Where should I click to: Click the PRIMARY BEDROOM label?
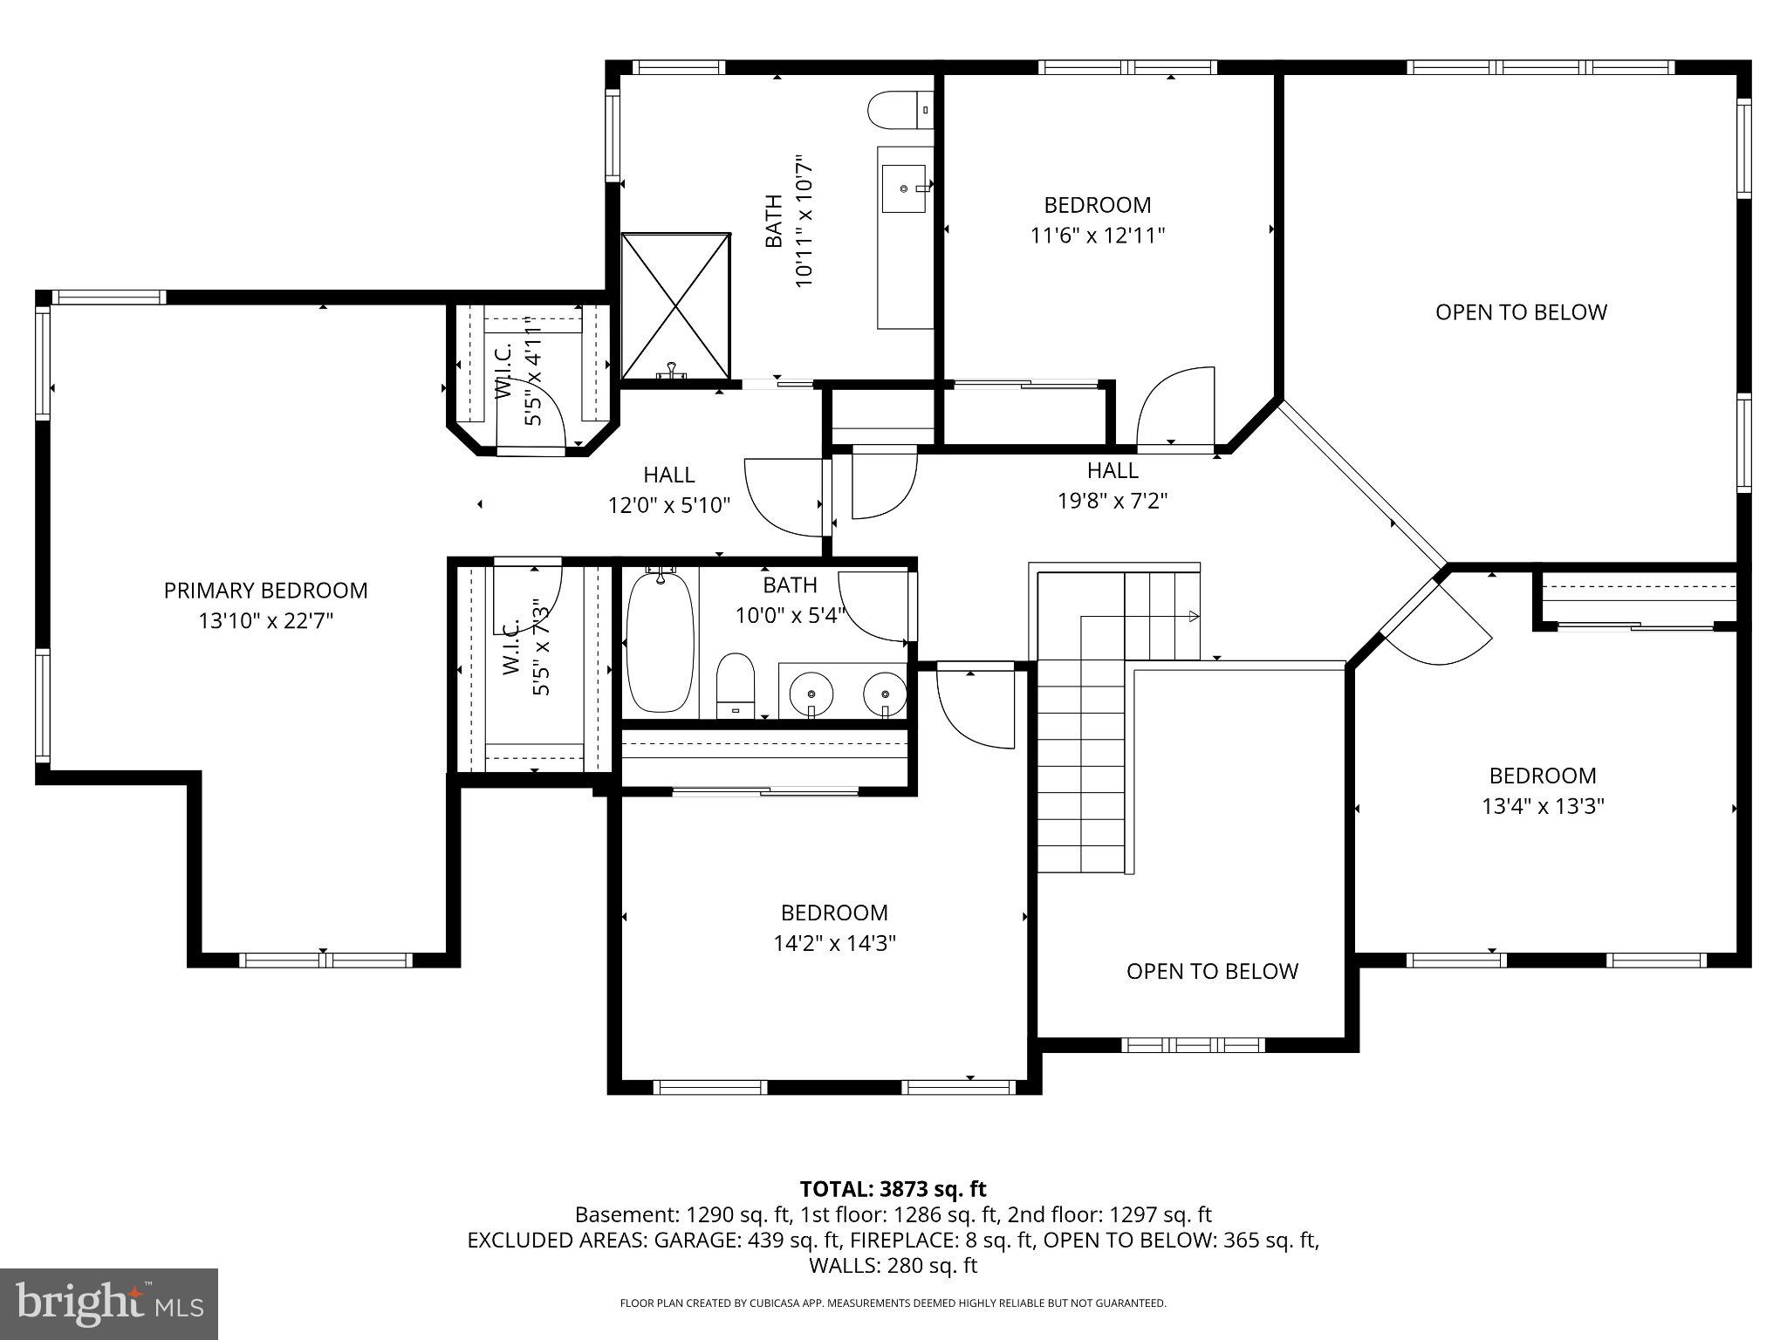[x=265, y=591]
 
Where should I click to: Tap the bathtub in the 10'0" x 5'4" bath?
[x=661, y=641]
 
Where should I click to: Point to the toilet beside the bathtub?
[x=736, y=685]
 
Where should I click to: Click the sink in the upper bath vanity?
[x=905, y=188]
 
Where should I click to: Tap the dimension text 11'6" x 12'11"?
[x=1098, y=236]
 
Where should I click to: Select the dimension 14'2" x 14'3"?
[x=834, y=943]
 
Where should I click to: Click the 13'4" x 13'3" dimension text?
[x=1543, y=806]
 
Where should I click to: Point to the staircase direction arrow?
[x=1192, y=617]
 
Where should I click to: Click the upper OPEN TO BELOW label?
[x=1521, y=312]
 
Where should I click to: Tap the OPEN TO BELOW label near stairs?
[x=1212, y=971]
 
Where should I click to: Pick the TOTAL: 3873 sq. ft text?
[x=893, y=1189]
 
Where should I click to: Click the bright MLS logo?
[x=109, y=1303]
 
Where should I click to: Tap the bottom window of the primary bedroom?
[x=325, y=961]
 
